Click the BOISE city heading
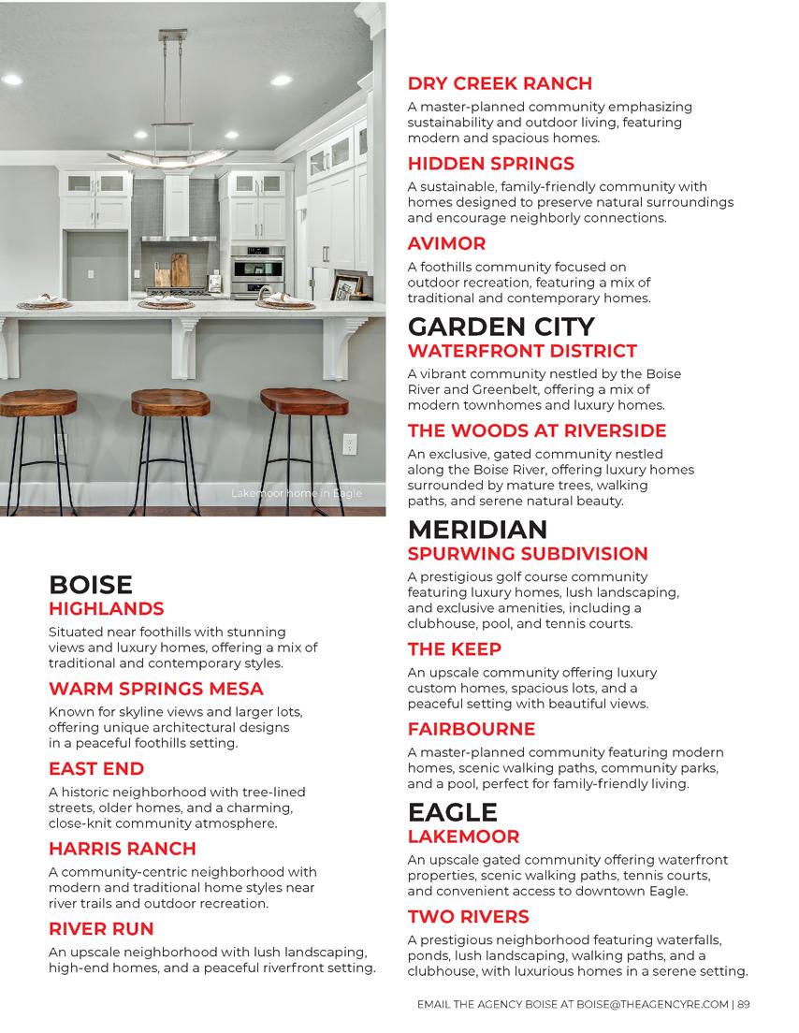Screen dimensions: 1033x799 point(91,586)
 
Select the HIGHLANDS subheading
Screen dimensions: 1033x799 point(106,609)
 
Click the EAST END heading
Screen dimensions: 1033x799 point(96,769)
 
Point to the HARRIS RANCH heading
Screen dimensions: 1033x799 point(123,849)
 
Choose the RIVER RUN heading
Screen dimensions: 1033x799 point(100,929)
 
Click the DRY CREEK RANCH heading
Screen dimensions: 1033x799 point(500,83)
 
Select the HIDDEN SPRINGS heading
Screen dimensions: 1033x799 point(490,164)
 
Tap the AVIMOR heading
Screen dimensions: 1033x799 point(446,243)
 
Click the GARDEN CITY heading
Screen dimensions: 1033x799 point(501,327)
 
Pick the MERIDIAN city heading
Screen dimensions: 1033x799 point(477,530)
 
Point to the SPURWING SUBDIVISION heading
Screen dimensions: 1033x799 point(528,554)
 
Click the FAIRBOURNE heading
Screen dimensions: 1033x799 point(471,729)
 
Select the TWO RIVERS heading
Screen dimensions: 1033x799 point(468,916)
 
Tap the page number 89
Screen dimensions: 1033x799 point(744,1005)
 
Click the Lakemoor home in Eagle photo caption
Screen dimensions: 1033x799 point(296,493)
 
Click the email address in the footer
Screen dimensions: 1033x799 point(651,1005)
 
